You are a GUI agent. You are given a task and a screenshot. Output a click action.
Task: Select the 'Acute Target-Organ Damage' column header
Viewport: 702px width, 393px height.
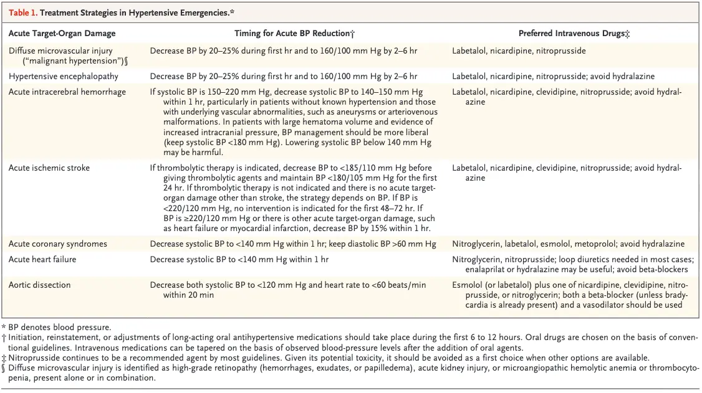click(62, 34)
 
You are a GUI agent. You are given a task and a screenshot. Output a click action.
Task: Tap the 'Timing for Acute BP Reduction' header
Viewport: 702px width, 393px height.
click(294, 34)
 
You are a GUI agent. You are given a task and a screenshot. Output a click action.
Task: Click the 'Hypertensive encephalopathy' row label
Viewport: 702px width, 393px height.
click(63, 77)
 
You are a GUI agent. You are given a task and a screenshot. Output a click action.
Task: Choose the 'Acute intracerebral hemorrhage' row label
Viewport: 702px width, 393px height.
click(67, 92)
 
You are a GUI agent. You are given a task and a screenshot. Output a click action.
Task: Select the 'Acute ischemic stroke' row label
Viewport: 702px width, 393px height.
click(49, 168)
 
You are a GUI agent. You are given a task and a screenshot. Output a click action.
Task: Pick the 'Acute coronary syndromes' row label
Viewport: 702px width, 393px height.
click(58, 244)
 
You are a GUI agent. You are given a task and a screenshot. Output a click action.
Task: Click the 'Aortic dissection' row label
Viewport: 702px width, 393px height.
click(39, 285)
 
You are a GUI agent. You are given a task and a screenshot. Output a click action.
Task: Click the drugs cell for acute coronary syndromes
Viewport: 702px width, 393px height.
click(568, 244)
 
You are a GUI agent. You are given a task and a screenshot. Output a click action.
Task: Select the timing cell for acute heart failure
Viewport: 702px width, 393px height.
click(239, 259)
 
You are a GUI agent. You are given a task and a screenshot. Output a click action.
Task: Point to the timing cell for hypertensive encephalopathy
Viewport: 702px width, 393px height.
click(283, 77)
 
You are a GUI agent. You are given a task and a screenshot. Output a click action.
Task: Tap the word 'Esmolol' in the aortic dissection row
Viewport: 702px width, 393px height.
click(467, 285)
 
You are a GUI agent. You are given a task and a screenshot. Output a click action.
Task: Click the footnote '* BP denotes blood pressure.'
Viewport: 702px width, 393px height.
click(56, 327)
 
